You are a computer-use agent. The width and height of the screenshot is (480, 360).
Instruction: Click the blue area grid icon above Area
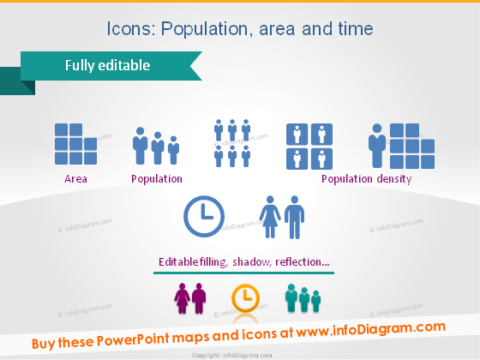pyautogui.click(x=74, y=144)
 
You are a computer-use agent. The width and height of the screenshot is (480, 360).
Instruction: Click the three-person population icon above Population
pyautogui.click(x=156, y=147)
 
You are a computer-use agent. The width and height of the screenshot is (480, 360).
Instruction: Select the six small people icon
pyautogui.click(x=231, y=142)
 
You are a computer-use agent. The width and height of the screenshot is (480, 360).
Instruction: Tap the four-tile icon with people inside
pyautogui.click(x=309, y=146)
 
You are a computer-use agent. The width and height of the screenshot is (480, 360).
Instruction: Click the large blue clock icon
pyautogui.click(x=204, y=217)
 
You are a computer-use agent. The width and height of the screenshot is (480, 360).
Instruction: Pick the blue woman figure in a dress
pyautogui.click(x=271, y=219)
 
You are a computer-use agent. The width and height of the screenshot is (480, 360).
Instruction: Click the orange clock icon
pyautogui.click(x=245, y=297)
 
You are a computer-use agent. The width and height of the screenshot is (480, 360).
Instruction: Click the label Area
pyautogui.click(x=75, y=179)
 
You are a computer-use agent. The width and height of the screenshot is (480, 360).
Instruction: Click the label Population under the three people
pyautogui.click(x=156, y=179)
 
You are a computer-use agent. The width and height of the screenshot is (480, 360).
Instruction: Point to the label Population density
pyautogui.click(x=366, y=179)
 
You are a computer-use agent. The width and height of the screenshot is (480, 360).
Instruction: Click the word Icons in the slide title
pyautogui.click(x=129, y=28)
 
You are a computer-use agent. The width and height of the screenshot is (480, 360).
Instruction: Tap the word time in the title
pyautogui.click(x=356, y=28)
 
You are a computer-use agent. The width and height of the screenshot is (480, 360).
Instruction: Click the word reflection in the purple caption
pyautogui.click(x=303, y=261)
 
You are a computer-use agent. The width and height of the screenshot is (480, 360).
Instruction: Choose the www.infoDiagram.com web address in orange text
pyautogui.click(x=373, y=328)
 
